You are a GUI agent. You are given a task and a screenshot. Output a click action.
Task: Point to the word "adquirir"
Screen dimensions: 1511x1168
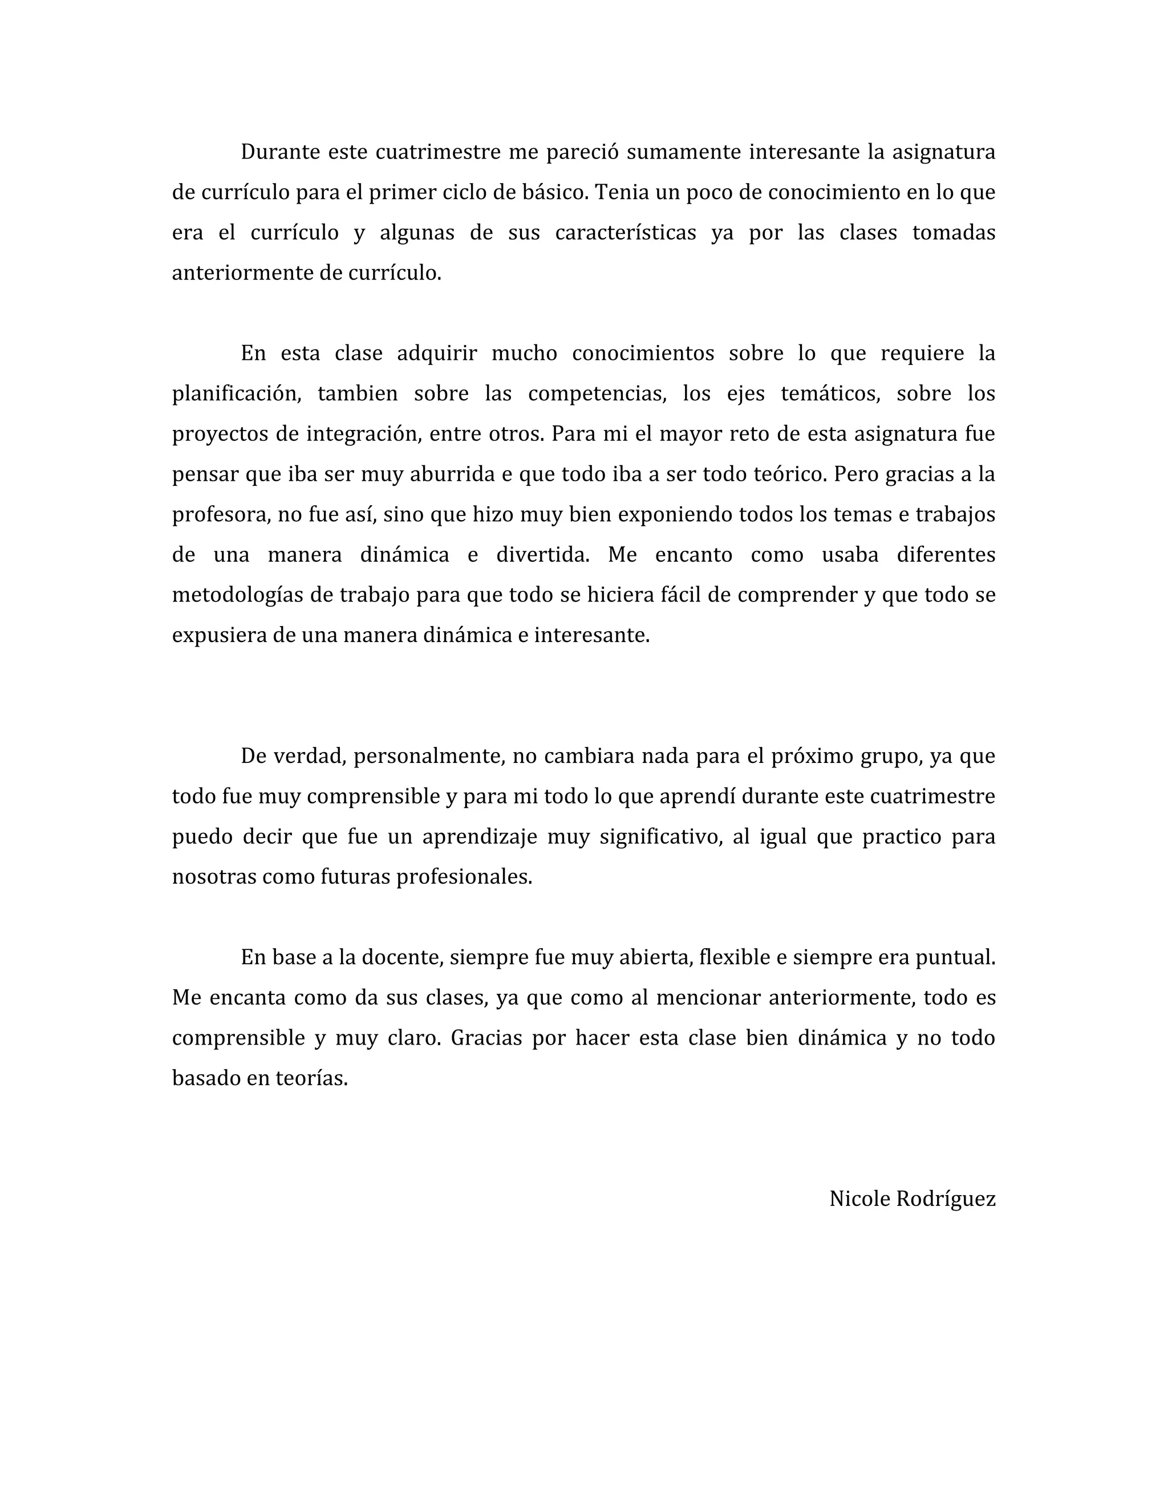coord(437,354)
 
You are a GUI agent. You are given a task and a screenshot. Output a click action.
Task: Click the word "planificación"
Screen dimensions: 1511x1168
coord(236,393)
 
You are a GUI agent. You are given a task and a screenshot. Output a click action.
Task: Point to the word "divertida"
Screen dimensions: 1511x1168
coord(542,555)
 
